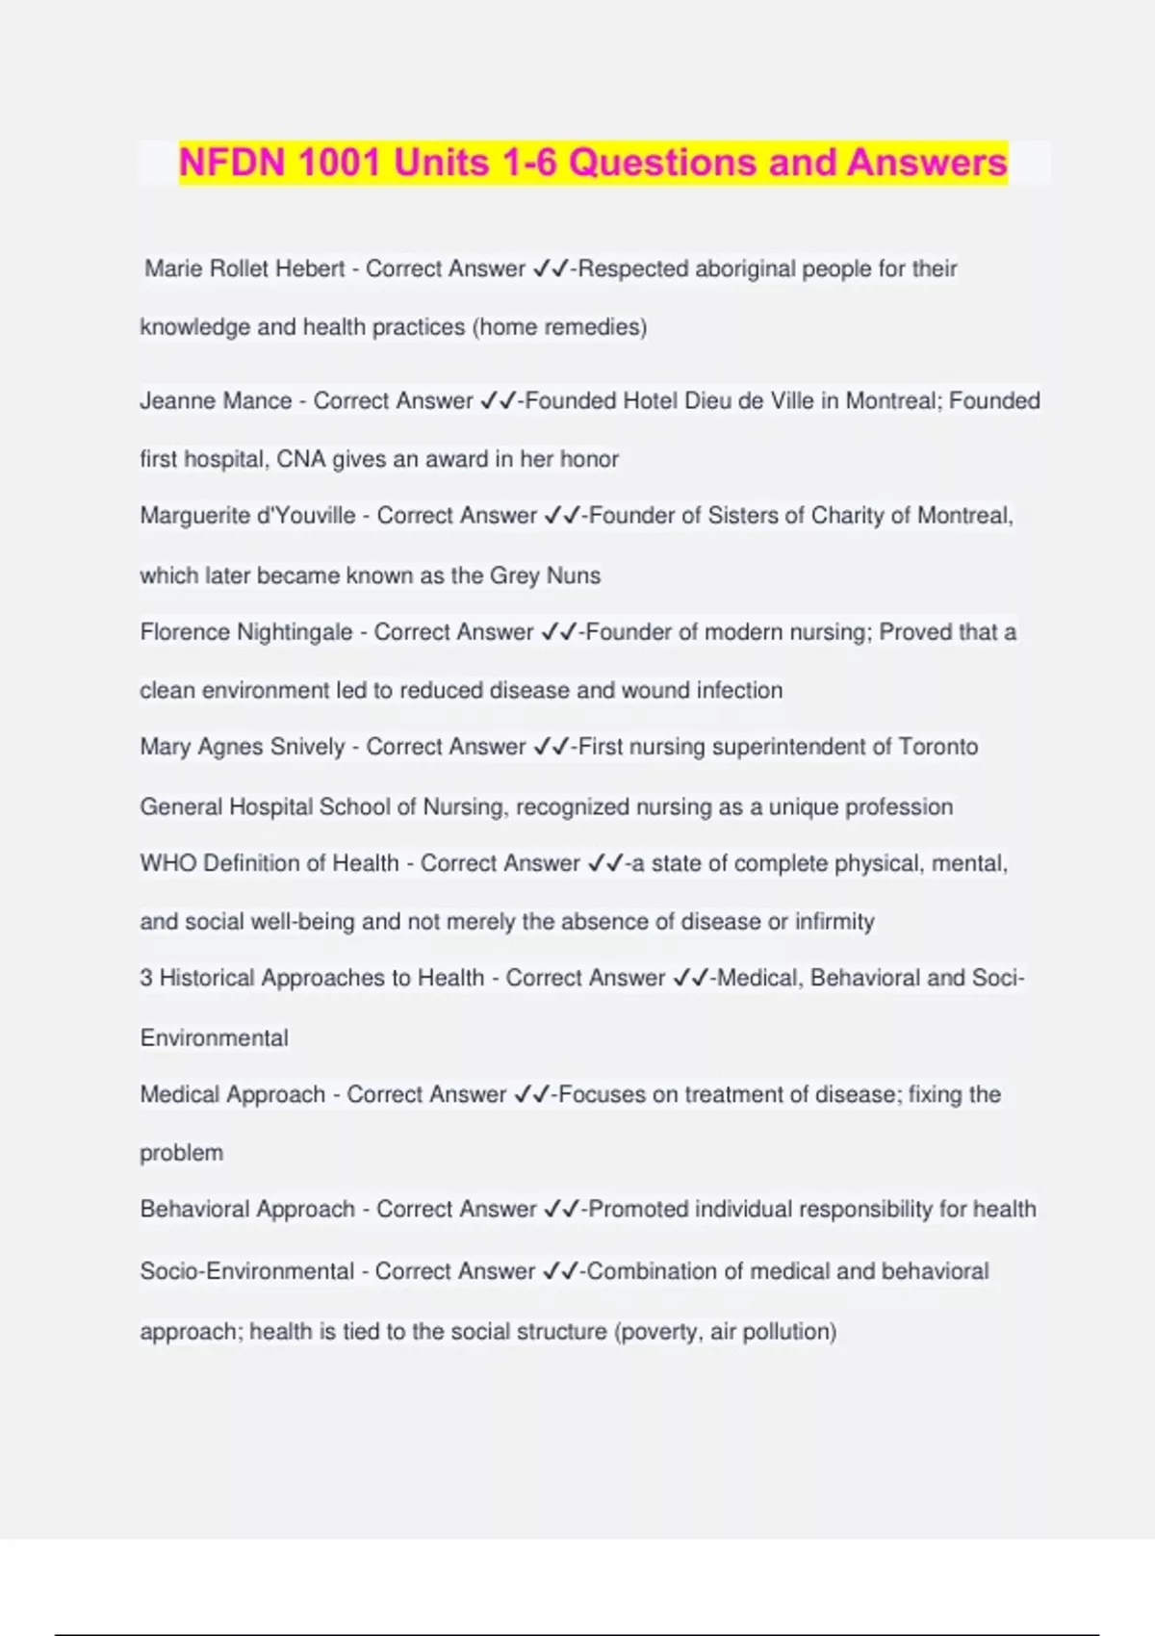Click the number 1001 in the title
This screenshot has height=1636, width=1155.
[x=339, y=163]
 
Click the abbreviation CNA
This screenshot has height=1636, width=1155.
[x=300, y=459]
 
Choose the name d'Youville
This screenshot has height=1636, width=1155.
[x=304, y=516]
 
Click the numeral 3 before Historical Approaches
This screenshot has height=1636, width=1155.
[x=146, y=978]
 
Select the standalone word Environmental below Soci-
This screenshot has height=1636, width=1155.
[x=214, y=1037]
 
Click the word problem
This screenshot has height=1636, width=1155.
[x=181, y=1153]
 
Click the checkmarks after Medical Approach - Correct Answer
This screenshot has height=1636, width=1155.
[x=531, y=1094]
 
